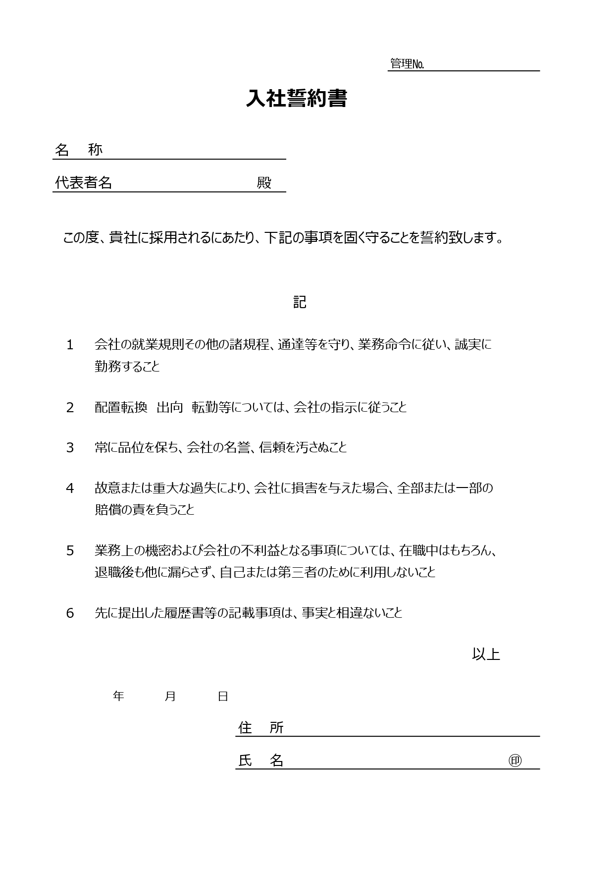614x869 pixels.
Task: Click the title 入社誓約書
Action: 297,99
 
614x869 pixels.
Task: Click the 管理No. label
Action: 407,64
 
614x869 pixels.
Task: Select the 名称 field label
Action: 79,150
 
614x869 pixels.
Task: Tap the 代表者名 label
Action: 83,182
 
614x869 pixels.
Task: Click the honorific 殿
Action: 264,183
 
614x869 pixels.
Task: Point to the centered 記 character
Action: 300,302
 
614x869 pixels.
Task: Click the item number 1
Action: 70,345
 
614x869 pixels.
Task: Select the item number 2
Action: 70,408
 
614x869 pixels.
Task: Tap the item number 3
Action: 70,448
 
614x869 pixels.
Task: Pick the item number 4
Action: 70,489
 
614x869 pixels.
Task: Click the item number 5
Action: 70,551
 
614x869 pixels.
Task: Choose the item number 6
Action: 70,613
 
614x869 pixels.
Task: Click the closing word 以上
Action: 486,654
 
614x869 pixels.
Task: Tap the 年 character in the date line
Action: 118,696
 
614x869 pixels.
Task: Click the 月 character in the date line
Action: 170,696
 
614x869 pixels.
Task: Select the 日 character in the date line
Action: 223,696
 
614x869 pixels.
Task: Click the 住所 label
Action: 261,727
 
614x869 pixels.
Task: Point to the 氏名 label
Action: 261,760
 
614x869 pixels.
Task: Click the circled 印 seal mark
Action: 515,760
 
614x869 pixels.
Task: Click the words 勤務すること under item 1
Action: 127,367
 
